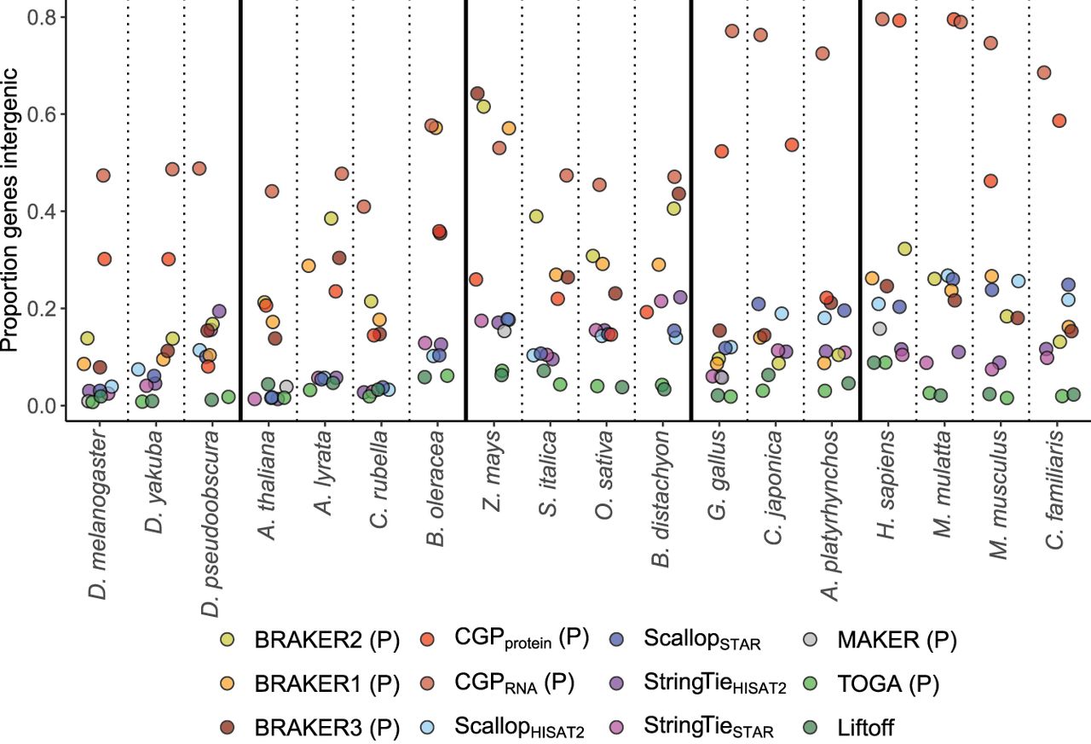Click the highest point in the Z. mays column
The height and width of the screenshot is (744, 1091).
click(477, 94)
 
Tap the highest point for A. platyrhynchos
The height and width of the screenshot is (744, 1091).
click(823, 54)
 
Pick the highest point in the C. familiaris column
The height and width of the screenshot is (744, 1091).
click(1043, 73)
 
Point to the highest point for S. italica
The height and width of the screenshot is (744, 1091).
click(566, 176)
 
